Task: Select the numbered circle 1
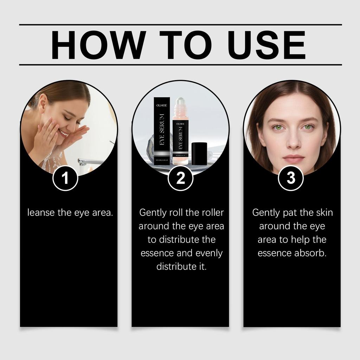tap(65, 179)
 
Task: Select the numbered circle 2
tap(180, 179)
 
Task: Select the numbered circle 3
tap(291, 179)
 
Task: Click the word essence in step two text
tap(157, 253)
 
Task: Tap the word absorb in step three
tap(311, 253)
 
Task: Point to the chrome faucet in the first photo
tap(88, 162)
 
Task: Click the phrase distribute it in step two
tap(181, 266)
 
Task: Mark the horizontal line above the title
tap(180, 25)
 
